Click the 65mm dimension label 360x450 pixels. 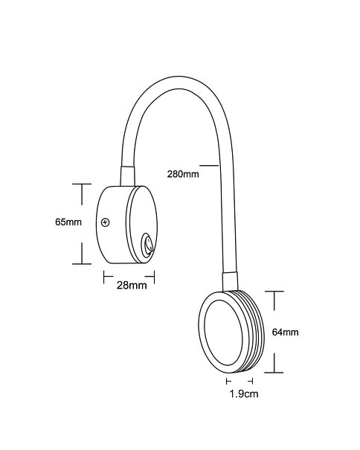(68, 222)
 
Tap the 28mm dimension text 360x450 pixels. (132, 286)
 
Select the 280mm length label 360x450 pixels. (183, 174)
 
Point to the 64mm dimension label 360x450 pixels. (286, 332)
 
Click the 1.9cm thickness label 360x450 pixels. (244, 393)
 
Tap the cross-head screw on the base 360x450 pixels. (106, 222)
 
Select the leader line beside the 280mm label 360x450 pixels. (209, 165)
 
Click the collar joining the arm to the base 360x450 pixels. (127, 176)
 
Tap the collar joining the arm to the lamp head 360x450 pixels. (230, 281)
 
